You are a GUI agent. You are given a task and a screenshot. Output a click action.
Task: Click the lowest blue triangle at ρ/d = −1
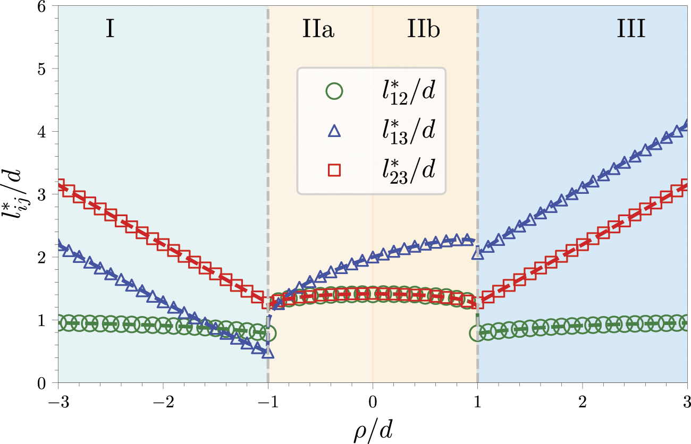(268, 352)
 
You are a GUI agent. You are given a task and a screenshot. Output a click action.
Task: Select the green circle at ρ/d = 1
(477, 333)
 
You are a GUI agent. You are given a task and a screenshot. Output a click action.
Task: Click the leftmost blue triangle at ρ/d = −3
(58, 246)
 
